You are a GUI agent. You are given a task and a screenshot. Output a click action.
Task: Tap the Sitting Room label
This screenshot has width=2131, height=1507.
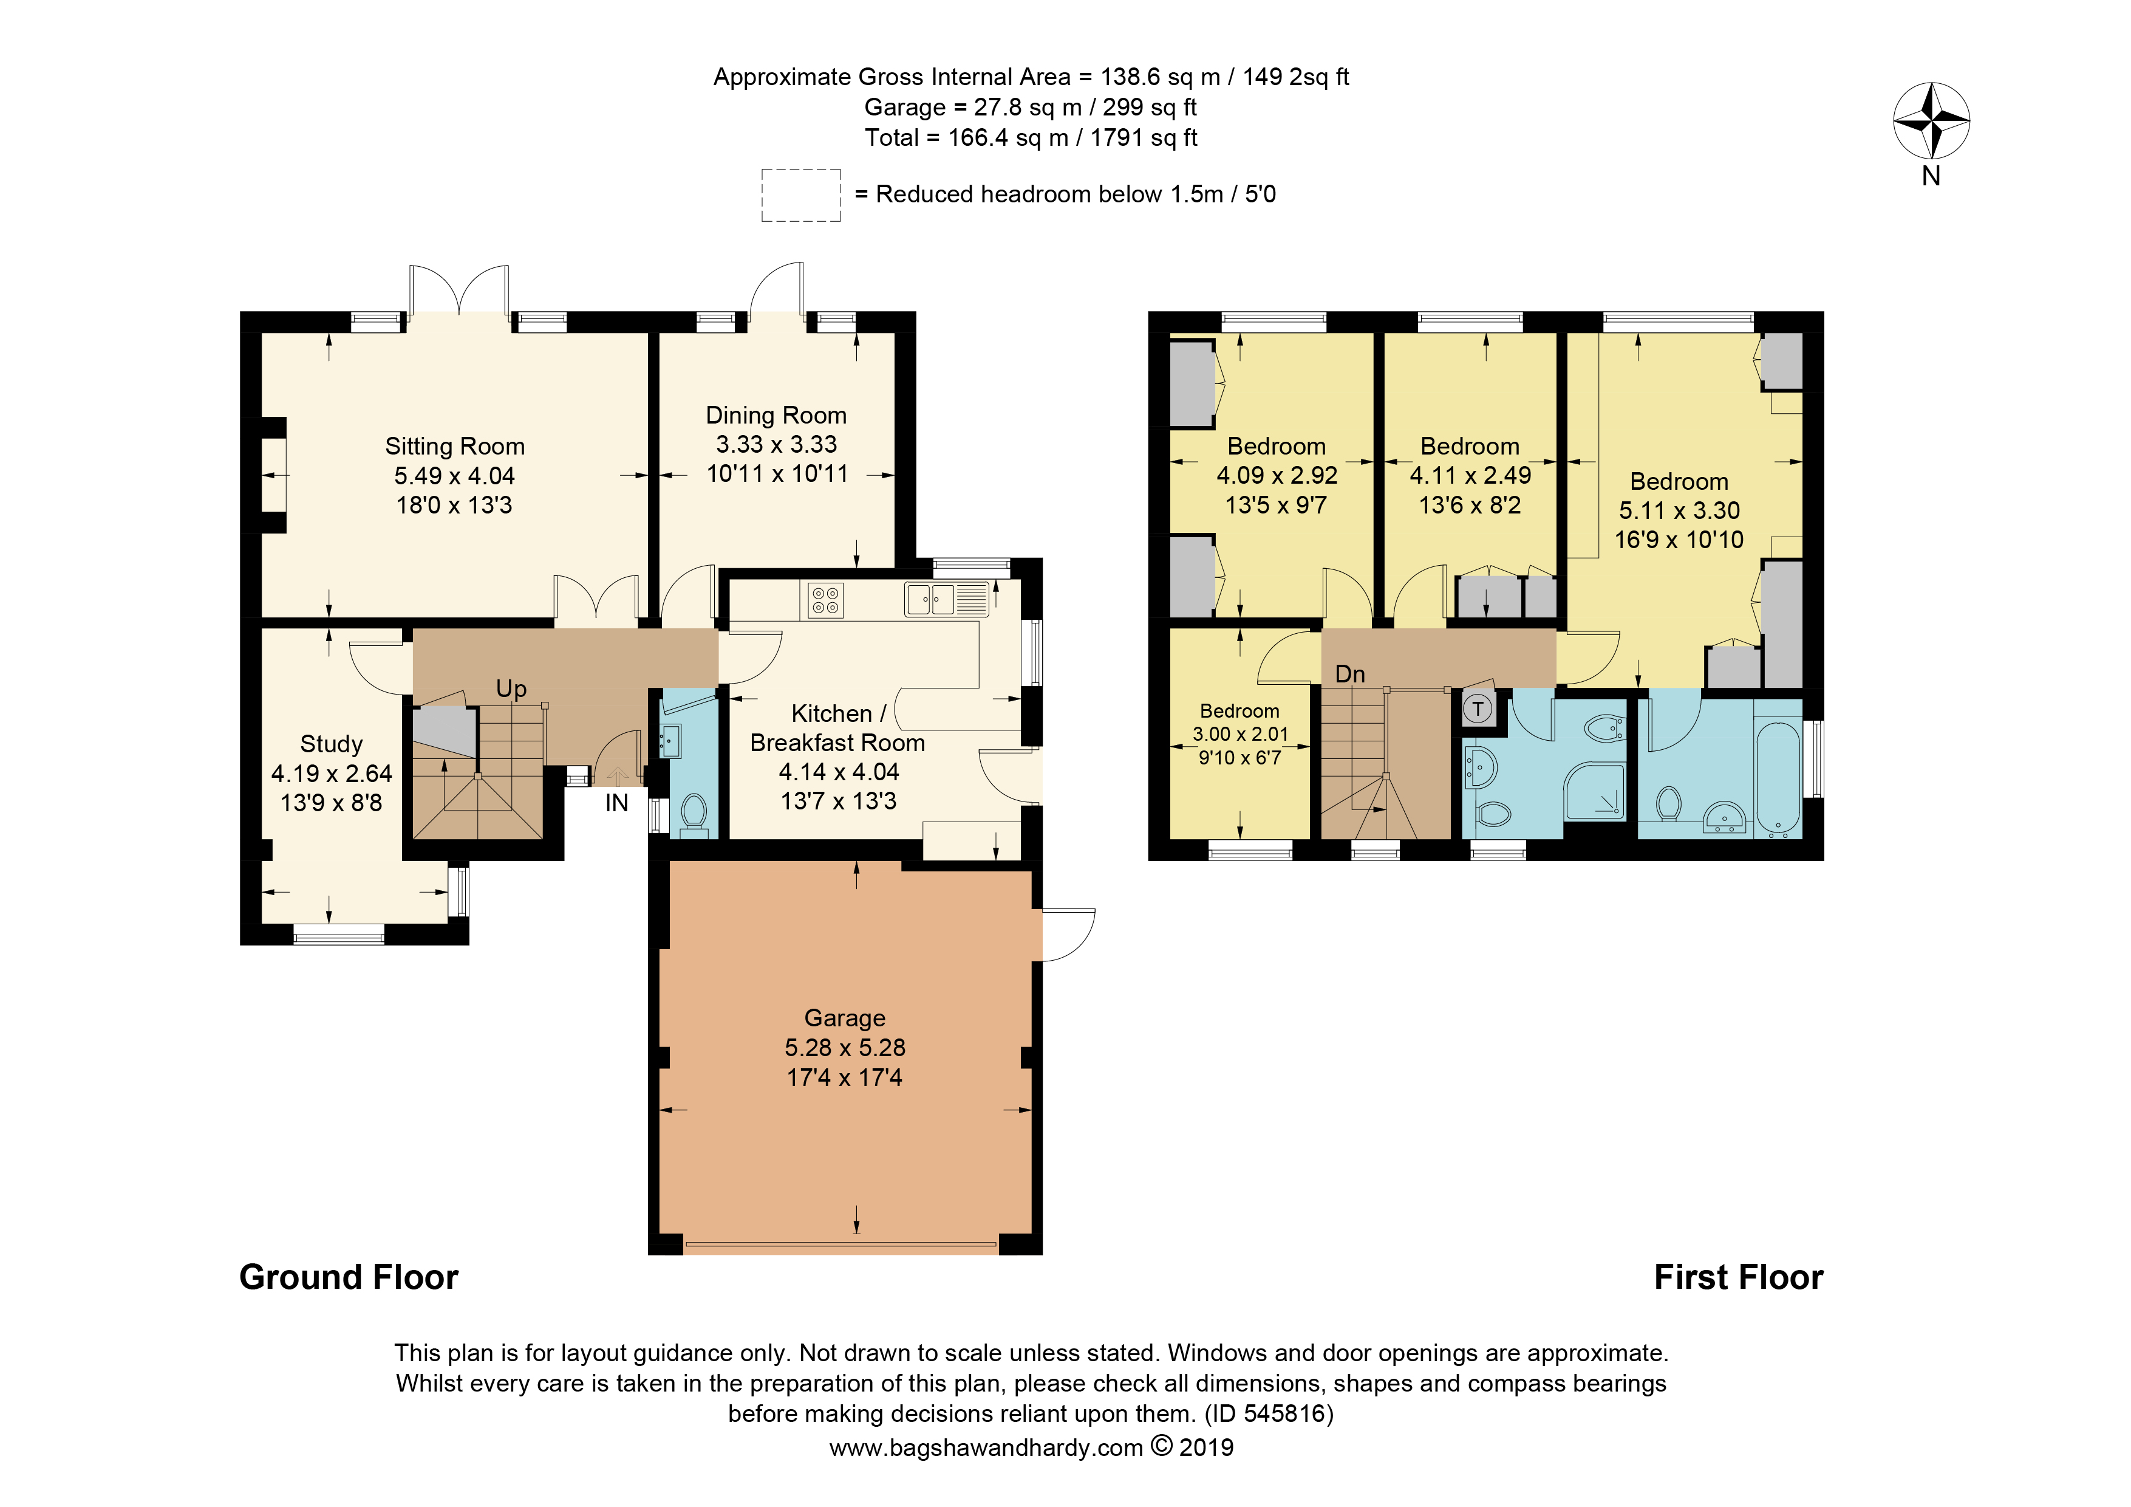coord(455,447)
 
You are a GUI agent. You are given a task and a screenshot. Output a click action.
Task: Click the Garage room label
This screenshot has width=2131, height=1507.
coord(845,1018)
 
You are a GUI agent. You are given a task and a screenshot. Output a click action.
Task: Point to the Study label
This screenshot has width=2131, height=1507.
coord(332,744)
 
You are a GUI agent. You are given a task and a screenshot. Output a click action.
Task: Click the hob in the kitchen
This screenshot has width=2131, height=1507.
coord(826,600)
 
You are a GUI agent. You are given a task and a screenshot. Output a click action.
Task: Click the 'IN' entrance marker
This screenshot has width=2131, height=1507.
coord(616,803)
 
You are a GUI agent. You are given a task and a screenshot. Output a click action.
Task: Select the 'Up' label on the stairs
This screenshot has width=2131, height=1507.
coord(511,689)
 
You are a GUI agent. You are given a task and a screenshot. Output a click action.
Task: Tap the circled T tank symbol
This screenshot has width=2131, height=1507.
coord(1478,709)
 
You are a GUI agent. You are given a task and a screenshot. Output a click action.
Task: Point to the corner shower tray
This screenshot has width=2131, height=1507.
coord(1595,791)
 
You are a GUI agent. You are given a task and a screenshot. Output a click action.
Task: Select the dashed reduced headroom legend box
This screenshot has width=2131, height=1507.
coord(801,195)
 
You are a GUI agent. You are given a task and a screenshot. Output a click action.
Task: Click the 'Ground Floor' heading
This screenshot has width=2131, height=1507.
coord(349,1278)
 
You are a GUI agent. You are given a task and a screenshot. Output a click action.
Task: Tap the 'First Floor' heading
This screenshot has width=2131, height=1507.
coord(1739,1278)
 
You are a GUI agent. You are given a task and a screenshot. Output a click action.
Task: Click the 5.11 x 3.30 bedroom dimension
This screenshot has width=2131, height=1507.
coord(1679,510)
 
